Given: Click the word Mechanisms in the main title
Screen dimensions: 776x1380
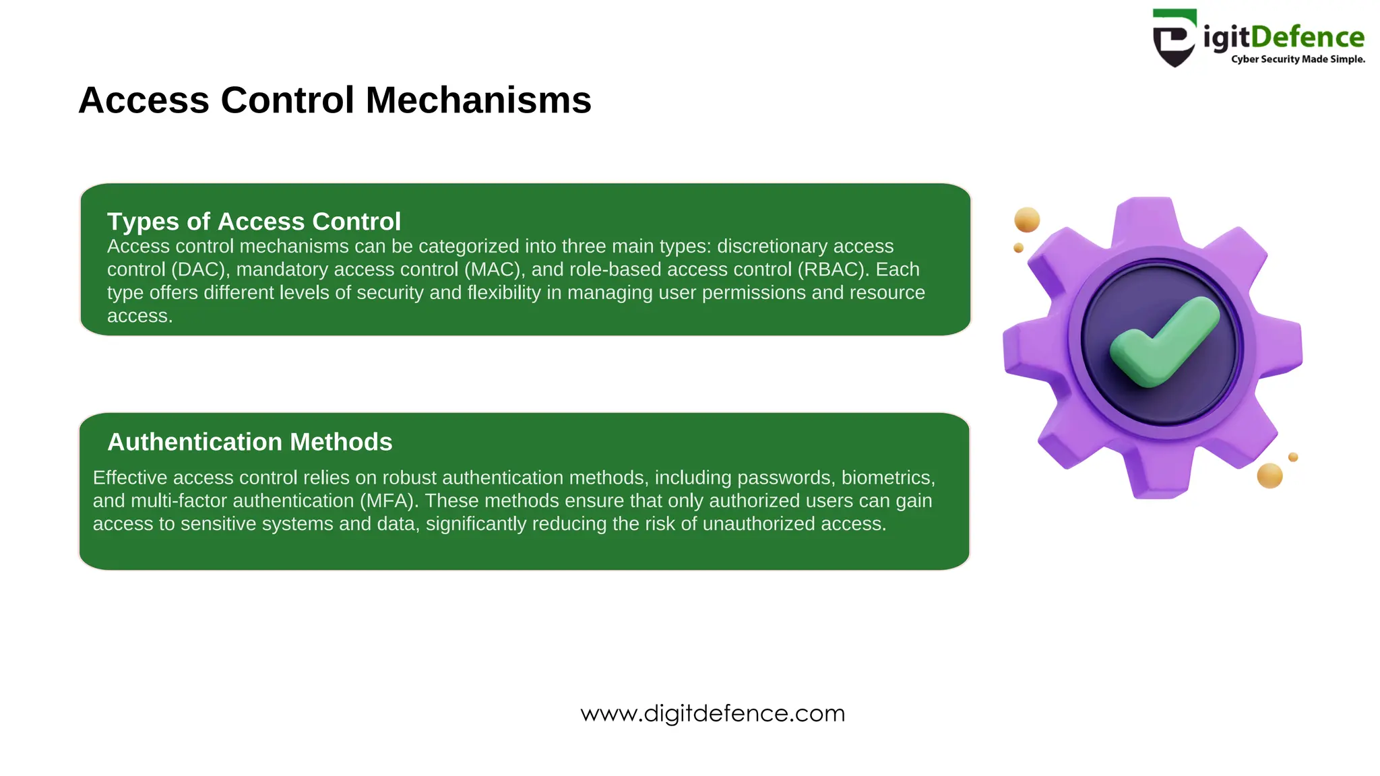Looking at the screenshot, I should (478, 100).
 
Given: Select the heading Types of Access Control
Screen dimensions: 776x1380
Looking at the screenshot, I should (254, 222).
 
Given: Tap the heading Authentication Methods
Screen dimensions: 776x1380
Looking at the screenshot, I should (250, 442).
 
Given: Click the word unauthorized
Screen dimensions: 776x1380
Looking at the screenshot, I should (758, 524).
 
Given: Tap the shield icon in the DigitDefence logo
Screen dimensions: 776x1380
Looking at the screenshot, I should (1174, 38).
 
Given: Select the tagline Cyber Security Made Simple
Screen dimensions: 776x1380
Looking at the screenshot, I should (1298, 59).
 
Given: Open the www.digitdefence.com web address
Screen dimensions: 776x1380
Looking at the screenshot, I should (713, 713).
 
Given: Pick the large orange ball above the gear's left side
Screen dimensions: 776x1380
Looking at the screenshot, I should (1027, 220).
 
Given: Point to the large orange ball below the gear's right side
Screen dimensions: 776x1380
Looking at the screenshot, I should (1269, 476).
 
